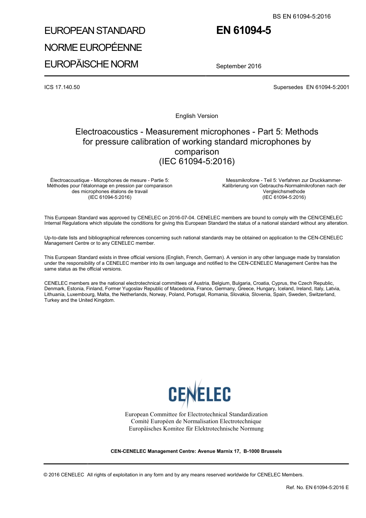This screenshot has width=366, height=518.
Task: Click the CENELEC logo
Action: click(199, 394)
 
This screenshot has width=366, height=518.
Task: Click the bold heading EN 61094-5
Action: click(243, 30)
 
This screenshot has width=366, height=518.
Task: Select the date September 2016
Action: click(238, 66)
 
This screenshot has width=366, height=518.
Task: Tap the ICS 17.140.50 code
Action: click(62, 87)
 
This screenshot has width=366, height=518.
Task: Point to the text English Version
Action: click(196, 116)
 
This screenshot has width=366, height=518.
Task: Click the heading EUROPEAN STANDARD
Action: click(95, 31)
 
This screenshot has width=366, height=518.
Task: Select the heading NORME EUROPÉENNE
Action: click(93, 47)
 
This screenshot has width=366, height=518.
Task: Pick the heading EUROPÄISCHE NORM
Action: click(91, 64)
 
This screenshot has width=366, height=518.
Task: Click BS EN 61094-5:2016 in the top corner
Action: click(302, 17)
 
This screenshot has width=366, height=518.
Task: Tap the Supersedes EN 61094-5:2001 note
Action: click(311, 87)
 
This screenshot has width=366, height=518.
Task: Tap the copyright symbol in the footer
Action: click(46, 475)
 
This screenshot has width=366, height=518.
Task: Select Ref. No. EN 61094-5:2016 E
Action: click(317, 488)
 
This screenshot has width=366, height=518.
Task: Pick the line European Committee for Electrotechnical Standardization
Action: click(196, 414)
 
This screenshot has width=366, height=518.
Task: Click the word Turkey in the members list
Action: click(52, 300)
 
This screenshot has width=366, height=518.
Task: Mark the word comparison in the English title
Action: click(196, 152)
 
